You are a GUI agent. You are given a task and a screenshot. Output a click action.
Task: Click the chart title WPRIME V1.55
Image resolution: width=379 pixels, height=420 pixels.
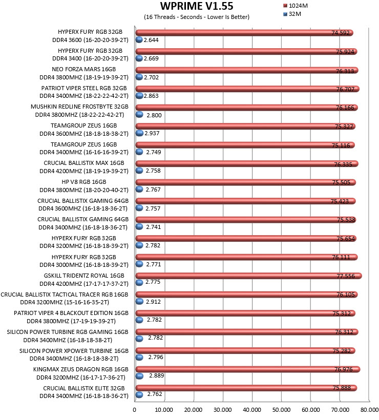click(197, 6)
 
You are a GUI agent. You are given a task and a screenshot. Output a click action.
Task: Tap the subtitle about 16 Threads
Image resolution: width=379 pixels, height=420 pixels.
click(197, 17)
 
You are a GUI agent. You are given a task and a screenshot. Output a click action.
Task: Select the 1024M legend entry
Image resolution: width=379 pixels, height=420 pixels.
click(296, 6)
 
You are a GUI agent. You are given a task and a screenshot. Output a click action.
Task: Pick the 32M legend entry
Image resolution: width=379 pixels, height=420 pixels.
click(292, 14)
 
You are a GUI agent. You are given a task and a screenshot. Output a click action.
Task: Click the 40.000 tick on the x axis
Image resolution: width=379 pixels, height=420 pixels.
click(252, 410)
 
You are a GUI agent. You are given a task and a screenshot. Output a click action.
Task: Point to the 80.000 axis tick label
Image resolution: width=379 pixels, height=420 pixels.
click(369, 410)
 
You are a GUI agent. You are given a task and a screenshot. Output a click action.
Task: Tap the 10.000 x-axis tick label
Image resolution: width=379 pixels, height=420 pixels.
click(164, 410)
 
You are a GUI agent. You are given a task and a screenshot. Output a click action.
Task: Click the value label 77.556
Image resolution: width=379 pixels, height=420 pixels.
click(346, 276)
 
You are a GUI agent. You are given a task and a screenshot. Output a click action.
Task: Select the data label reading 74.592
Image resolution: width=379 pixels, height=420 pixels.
click(341, 33)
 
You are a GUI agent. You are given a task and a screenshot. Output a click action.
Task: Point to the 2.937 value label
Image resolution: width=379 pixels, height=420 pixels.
click(152, 133)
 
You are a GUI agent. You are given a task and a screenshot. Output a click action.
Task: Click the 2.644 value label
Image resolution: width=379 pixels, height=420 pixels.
click(151, 40)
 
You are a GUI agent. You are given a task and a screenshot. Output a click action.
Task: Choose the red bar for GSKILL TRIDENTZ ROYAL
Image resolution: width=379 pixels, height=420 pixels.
click(248, 276)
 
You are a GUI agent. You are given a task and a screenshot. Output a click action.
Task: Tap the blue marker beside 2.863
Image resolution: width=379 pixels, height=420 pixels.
click(139, 96)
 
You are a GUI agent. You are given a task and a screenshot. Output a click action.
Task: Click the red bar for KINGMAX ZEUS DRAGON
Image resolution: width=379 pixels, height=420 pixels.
click(248, 369)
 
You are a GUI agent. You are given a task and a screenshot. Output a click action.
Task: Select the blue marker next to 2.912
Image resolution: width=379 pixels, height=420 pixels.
click(139, 301)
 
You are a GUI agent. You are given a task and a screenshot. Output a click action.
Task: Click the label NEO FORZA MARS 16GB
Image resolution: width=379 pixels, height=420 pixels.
click(84, 69)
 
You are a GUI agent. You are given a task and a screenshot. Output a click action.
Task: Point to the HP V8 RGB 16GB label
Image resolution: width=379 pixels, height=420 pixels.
click(84, 182)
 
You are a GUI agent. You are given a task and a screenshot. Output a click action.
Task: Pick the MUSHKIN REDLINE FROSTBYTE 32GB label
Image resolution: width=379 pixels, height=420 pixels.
click(79, 107)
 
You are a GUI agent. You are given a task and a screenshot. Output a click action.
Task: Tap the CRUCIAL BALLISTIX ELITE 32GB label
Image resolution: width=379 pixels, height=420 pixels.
click(84, 388)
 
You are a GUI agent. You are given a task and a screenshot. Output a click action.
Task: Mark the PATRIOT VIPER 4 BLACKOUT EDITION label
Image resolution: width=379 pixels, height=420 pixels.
click(71, 313)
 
